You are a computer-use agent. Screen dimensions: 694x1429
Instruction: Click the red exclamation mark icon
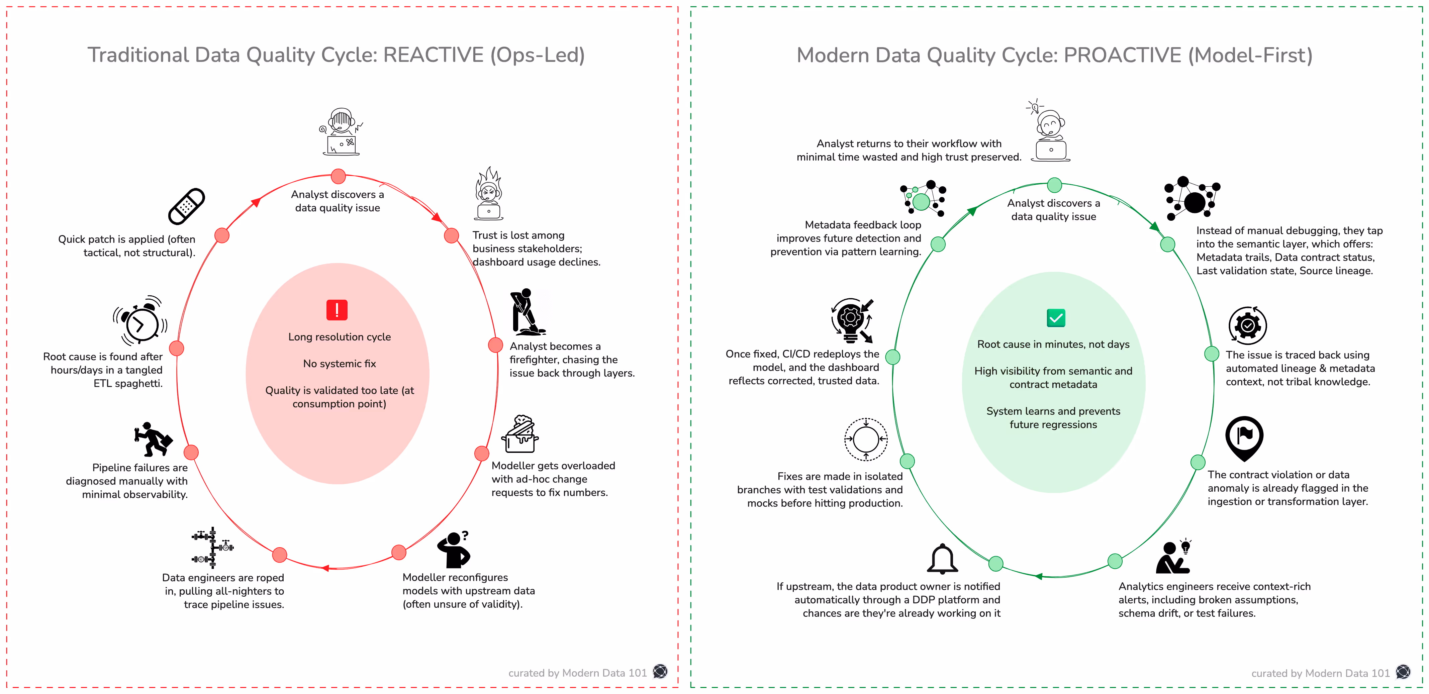pos(337,310)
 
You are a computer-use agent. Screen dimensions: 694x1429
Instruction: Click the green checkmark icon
pos(1056,318)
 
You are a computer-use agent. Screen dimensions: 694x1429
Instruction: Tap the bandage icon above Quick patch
pos(186,206)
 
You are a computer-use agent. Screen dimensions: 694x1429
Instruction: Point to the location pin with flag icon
pos(1244,438)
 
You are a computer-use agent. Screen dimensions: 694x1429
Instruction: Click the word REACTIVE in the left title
pos(433,55)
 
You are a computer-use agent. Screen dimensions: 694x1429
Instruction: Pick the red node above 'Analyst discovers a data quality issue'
pos(339,176)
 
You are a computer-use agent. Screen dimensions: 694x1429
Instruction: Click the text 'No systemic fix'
pos(340,363)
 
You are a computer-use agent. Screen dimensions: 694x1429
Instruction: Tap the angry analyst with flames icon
pos(489,194)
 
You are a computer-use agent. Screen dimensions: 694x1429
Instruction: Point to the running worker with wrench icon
pos(153,438)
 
